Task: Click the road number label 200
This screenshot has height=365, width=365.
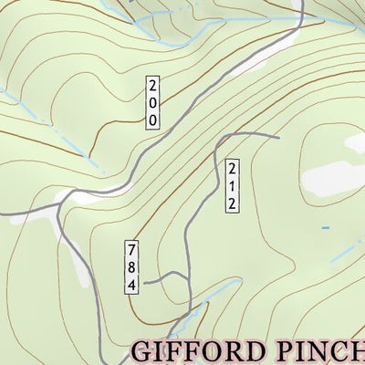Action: point(151,102)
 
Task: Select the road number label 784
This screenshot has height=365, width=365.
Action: point(131,266)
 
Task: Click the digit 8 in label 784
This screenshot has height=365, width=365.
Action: point(131,266)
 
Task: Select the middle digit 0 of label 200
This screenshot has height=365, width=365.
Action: point(151,102)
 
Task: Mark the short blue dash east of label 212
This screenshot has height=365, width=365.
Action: point(325,227)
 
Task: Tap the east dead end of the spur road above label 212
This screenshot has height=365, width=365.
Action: point(277,137)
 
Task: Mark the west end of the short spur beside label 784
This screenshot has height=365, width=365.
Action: point(144,283)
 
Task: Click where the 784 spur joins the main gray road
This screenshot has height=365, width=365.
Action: point(185,275)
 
